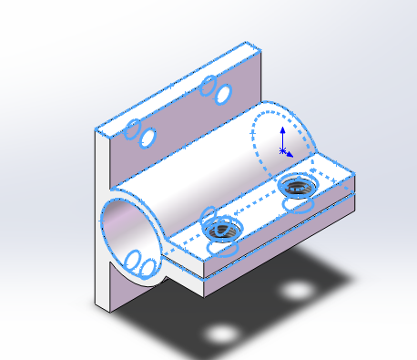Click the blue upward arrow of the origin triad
click(283, 131)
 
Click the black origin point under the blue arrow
click(283, 149)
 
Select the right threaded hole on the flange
click(297, 187)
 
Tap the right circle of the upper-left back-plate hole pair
click(147, 137)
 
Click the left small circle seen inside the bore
click(133, 262)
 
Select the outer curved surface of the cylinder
click(200, 164)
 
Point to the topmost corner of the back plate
click(247, 43)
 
